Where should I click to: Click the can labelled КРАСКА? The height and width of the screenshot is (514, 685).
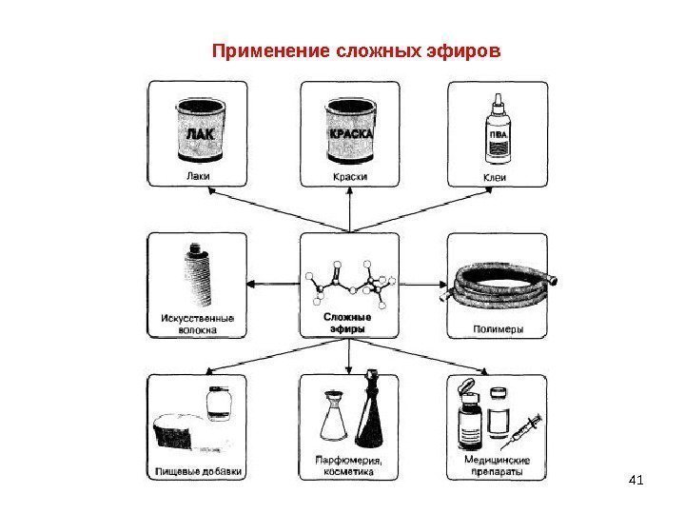point(352,133)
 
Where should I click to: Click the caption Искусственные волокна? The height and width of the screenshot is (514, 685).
point(197,324)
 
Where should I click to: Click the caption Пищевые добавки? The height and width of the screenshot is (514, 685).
point(199,470)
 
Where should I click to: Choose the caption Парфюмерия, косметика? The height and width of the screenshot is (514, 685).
point(348,465)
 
